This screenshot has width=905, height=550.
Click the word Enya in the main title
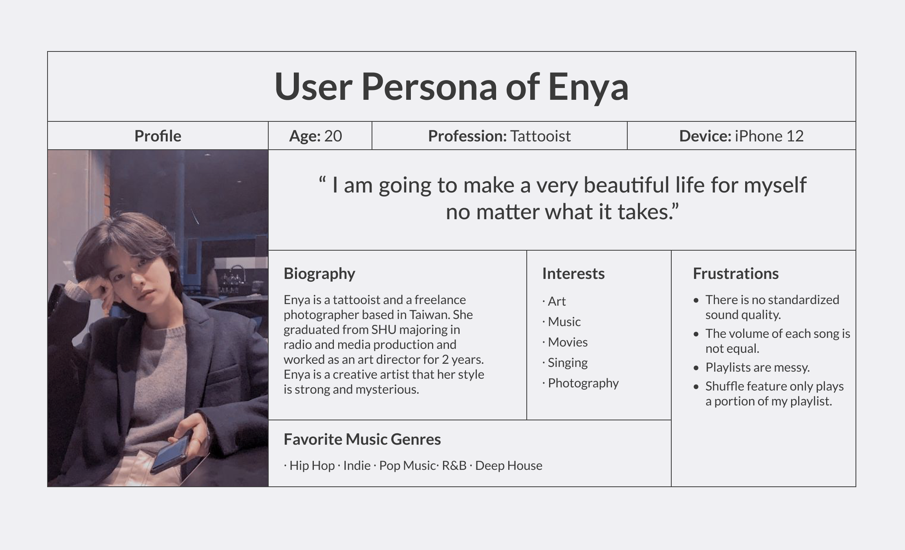click(x=588, y=87)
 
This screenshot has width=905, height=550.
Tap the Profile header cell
click(x=158, y=136)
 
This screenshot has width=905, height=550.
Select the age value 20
click(x=333, y=136)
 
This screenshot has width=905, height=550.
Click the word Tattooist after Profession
click(x=540, y=136)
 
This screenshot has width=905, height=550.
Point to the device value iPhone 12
click(x=769, y=136)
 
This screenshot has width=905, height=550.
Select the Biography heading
click(x=319, y=274)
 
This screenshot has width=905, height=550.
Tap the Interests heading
click(x=573, y=273)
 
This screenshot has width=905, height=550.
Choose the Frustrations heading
click(x=736, y=273)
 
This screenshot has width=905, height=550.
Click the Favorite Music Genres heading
click(x=362, y=439)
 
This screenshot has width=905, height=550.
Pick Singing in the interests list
click(x=568, y=363)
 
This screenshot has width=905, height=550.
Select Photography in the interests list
click(x=583, y=383)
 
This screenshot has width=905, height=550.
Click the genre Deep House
click(x=509, y=466)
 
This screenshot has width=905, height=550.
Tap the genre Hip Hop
click(x=312, y=466)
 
